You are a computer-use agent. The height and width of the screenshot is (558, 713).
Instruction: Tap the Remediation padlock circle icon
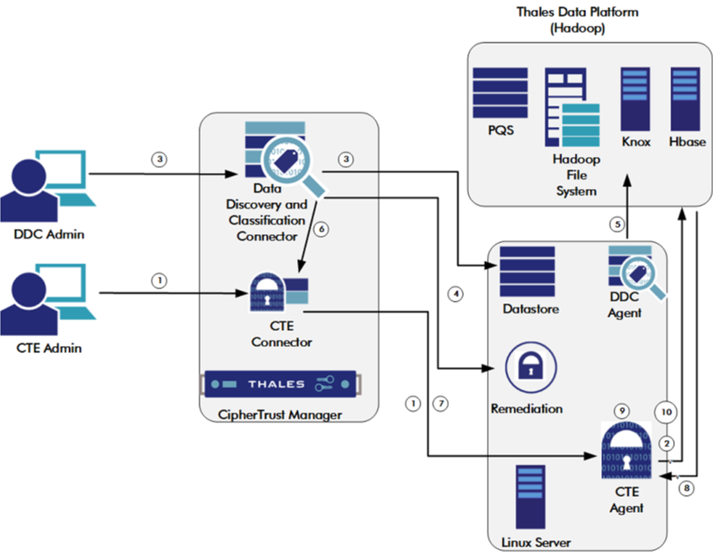click(527, 366)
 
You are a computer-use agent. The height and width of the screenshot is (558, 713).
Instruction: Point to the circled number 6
click(322, 229)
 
